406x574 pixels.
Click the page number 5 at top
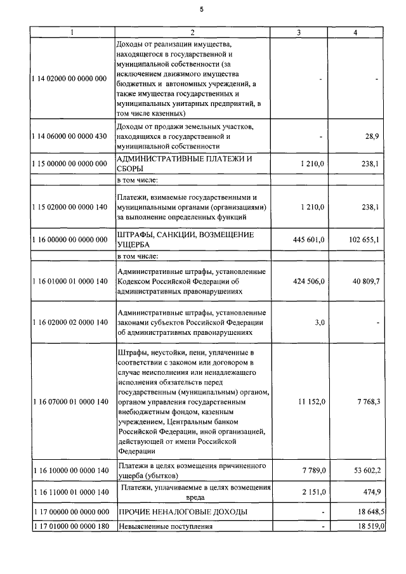202,9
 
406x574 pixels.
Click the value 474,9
370,492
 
